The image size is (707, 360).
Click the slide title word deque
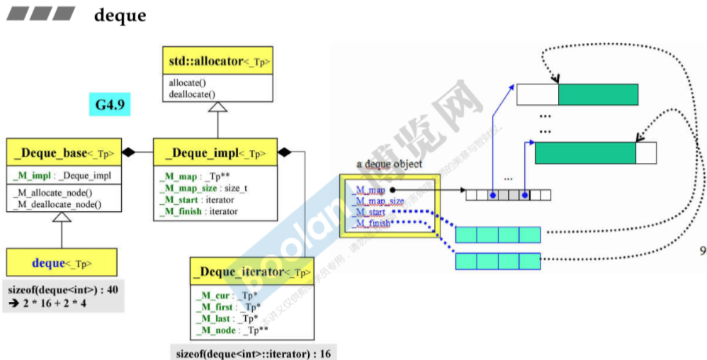[120, 15]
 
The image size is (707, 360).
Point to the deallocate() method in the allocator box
[192, 94]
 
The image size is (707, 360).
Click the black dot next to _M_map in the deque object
[392, 190]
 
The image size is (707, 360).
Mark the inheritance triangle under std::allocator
[217, 107]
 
